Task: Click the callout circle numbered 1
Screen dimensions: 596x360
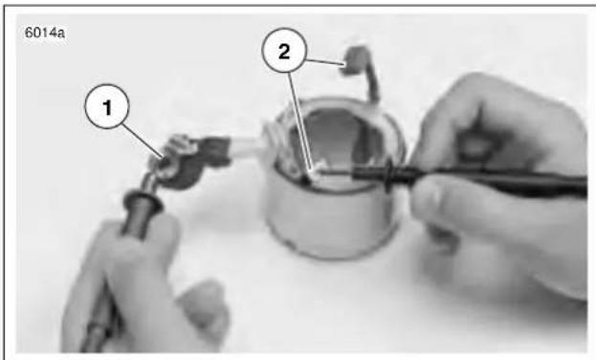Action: [x=107, y=106]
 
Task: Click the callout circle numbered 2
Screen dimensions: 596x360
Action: [x=284, y=50]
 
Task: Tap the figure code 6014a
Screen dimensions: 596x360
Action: [x=44, y=33]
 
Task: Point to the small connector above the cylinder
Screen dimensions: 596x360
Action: [x=354, y=61]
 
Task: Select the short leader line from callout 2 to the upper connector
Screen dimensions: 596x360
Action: [x=325, y=62]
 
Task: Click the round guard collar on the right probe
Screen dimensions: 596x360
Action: [x=388, y=175]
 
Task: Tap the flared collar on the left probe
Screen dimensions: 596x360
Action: [x=143, y=199]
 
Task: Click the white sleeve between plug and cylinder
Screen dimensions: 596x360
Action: [x=247, y=146]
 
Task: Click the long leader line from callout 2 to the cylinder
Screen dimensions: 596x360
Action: [x=300, y=121]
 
